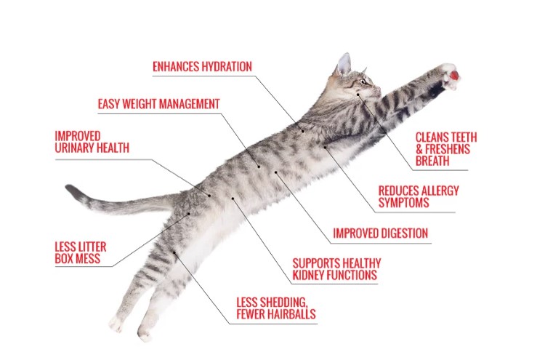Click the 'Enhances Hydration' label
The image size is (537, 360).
202,66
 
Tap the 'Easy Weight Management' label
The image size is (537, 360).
158,104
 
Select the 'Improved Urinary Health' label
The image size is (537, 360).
92,142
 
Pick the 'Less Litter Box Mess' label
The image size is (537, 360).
81,252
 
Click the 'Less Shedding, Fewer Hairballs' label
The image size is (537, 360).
276,308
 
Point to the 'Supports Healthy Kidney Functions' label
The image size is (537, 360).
336,269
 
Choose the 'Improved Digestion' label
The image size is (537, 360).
381,233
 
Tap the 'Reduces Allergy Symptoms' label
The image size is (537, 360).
419,196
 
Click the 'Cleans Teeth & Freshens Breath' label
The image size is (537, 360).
446,149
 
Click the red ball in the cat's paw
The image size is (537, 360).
454,76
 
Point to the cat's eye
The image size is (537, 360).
363,81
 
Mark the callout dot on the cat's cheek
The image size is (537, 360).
358,95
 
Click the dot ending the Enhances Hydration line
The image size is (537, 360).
303,131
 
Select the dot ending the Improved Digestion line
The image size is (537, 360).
275,172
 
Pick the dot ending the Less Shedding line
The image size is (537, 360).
174,253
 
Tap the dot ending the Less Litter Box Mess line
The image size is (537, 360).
189,214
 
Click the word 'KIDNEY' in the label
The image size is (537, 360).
307,275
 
